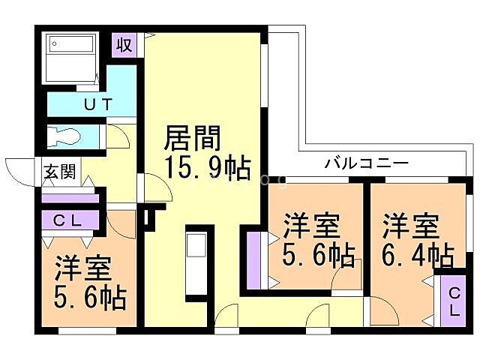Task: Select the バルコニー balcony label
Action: pos(367,163)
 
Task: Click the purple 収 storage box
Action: pos(125,44)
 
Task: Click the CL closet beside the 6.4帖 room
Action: pos(454,301)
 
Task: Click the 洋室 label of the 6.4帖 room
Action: pos(411,226)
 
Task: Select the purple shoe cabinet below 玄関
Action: pos(70,198)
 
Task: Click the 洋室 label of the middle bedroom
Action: pos(311,226)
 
